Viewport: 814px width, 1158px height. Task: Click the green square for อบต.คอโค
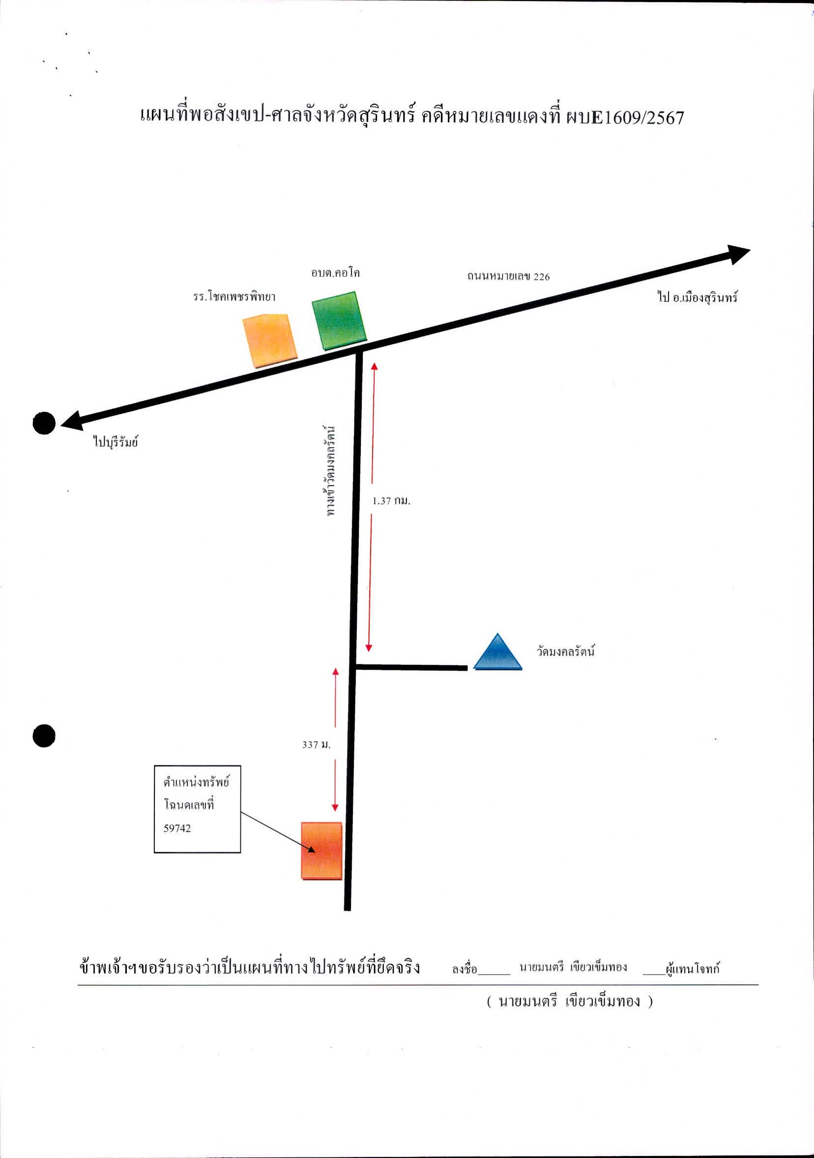[339, 321]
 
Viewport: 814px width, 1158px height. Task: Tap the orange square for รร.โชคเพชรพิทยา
[270, 341]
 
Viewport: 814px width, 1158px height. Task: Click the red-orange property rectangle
[322, 851]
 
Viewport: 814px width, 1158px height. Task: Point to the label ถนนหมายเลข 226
[508, 276]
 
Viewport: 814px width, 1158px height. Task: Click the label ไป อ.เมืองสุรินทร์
[698, 297]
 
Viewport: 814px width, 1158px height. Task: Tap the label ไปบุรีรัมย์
[116, 442]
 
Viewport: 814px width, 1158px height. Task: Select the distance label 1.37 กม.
[391, 501]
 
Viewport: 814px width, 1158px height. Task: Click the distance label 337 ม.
[316, 745]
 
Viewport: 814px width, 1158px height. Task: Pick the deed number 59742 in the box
[177, 828]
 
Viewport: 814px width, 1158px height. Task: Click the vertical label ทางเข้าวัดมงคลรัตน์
[330, 471]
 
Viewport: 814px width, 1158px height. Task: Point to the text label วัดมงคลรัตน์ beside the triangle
[565, 651]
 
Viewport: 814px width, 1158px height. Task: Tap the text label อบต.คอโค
[335, 273]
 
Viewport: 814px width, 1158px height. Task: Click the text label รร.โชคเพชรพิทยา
[234, 296]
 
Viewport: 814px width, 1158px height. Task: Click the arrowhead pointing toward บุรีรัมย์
[72, 420]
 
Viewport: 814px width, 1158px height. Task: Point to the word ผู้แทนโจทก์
[693, 968]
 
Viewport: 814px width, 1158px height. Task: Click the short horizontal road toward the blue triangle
[411, 668]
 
